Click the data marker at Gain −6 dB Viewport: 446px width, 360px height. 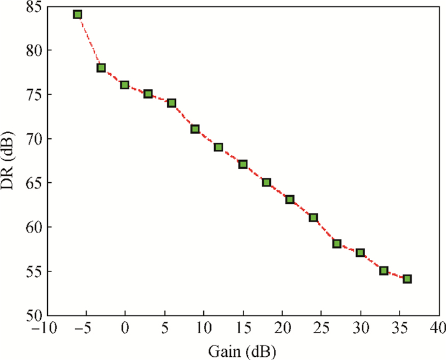pyautogui.click(x=78, y=14)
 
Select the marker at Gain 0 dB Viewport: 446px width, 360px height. pyautogui.click(x=125, y=85)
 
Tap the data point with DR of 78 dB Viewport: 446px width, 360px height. pyautogui.click(x=101, y=68)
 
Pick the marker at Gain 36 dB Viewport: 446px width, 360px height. pyautogui.click(x=407, y=279)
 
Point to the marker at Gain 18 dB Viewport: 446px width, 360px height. pyautogui.click(x=266, y=182)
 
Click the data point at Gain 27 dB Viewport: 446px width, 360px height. pyautogui.click(x=336, y=243)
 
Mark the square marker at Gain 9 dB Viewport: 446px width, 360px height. pyautogui.click(x=195, y=129)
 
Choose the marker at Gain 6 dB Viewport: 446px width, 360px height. pyautogui.click(x=171, y=103)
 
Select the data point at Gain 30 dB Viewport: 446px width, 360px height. pyautogui.click(x=360, y=252)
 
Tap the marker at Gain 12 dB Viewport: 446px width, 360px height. pyautogui.click(x=219, y=147)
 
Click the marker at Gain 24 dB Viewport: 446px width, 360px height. pyautogui.click(x=313, y=217)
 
